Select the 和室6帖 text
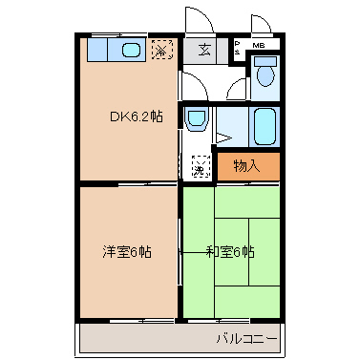click(229, 252)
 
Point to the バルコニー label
click(246, 338)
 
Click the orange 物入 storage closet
click(247, 166)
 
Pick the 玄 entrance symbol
click(204, 51)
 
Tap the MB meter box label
click(260, 45)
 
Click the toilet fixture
click(265, 74)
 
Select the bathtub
click(265, 124)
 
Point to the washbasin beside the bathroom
click(197, 121)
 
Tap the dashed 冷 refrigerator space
click(163, 50)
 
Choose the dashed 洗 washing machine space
click(201, 166)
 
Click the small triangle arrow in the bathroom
click(221, 137)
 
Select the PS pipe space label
click(236, 45)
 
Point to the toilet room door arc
click(236, 88)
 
